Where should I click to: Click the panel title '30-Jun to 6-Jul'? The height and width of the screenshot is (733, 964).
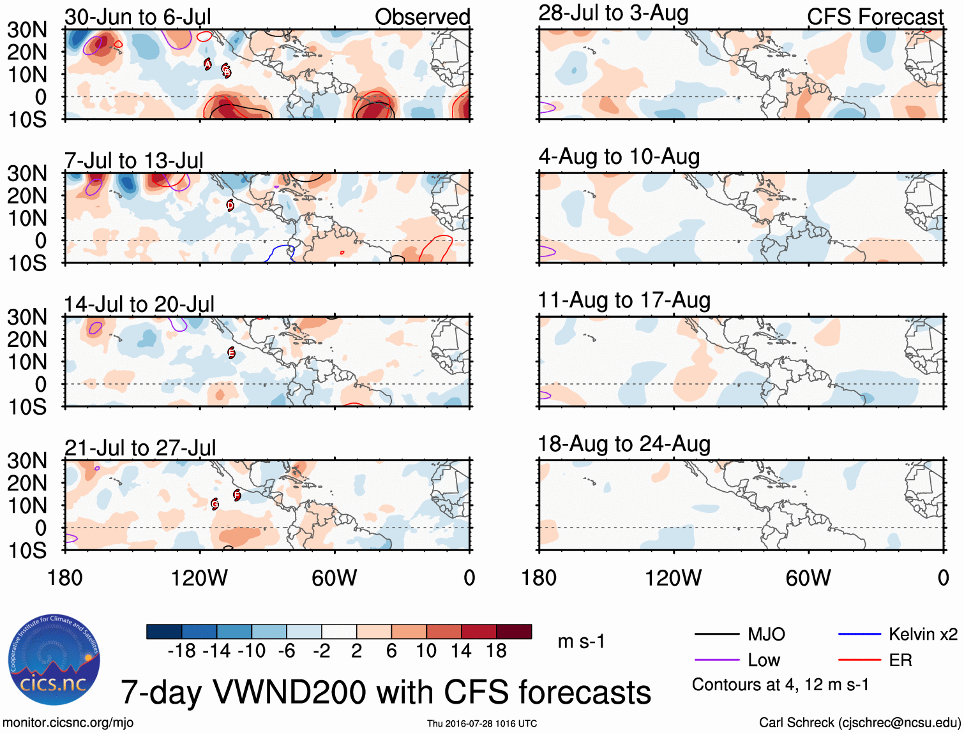[x=137, y=17]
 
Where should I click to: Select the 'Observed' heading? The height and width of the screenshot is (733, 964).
[x=422, y=17]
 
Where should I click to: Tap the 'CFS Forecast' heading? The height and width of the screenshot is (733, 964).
[x=875, y=17]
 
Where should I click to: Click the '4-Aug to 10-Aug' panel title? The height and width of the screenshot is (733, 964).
[x=619, y=156]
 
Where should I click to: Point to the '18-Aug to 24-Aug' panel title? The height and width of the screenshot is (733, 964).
[x=624, y=443]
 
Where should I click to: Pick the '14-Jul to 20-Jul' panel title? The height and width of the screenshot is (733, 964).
[x=139, y=304]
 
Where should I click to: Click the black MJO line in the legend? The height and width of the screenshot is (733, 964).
[x=716, y=634]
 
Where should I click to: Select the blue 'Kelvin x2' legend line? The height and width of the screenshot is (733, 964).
[x=859, y=634]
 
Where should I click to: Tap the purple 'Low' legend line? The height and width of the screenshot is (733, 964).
[x=716, y=660]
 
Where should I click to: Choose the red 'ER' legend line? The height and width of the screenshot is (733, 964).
[x=859, y=660]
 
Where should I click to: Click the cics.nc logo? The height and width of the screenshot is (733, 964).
[x=54, y=660]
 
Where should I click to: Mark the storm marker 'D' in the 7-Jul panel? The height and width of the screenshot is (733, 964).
[x=230, y=205]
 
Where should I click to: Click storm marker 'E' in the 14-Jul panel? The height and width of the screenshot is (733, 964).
[x=231, y=353]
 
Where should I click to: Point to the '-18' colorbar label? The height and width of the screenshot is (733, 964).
[x=181, y=651]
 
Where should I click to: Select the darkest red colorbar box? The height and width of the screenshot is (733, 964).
[x=514, y=632]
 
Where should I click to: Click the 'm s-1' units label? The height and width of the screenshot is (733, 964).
[x=581, y=641]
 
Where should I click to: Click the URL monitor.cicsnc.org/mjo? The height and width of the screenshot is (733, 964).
[x=68, y=722]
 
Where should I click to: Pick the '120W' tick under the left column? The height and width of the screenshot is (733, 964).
[x=199, y=577]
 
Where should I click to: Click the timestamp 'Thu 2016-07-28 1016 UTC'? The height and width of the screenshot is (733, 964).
[x=482, y=723]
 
